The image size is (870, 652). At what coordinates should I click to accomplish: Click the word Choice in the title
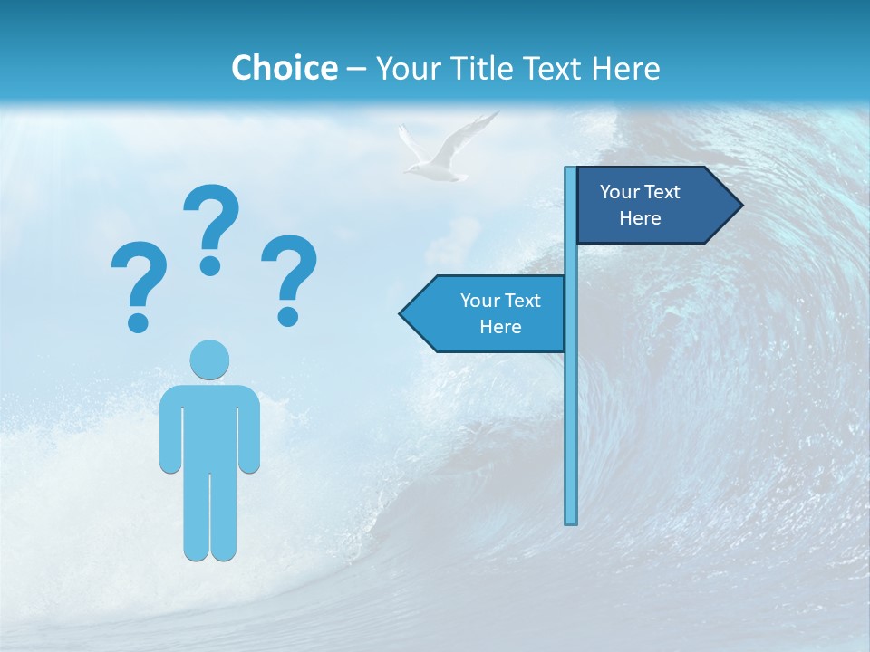tap(284, 68)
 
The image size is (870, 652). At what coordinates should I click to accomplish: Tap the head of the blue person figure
tap(209, 360)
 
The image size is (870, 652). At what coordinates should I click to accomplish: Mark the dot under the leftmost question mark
tap(138, 321)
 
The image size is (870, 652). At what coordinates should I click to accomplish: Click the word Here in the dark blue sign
tap(640, 218)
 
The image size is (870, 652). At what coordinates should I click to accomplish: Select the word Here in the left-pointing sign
tap(500, 327)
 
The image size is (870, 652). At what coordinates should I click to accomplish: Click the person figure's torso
tap(209, 426)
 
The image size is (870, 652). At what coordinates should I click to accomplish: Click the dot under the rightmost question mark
tap(288, 316)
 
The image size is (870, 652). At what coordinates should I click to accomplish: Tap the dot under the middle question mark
tap(210, 264)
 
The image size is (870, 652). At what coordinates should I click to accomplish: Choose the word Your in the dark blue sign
tap(619, 192)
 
